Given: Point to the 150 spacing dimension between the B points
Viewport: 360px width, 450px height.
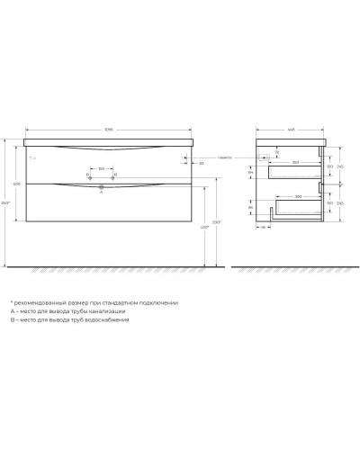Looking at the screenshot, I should (x=102, y=167).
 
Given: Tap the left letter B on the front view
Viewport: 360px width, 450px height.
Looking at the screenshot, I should (x=87, y=174).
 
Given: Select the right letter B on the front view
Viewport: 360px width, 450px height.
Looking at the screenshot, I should (x=116, y=174).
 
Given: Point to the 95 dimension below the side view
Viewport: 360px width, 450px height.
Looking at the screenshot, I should (x=263, y=240).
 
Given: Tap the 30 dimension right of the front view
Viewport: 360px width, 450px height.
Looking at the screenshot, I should (x=201, y=163).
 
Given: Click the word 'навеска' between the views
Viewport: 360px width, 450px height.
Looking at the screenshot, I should (x=225, y=157).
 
